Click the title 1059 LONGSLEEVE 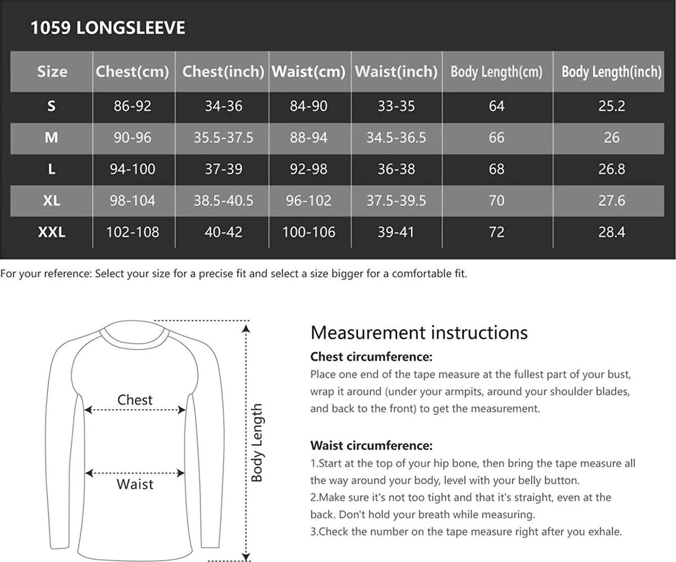[x=108, y=28]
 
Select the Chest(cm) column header [x=132, y=72]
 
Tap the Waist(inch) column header [x=396, y=72]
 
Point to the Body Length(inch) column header [x=611, y=72]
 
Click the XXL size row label [x=51, y=232]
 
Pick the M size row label [x=51, y=138]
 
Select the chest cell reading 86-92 [x=132, y=106]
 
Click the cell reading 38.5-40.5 [x=223, y=201]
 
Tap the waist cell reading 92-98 [x=309, y=169]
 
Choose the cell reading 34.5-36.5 [x=396, y=138]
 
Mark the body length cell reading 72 [x=497, y=232]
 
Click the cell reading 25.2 [x=611, y=106]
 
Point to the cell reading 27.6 [x=611, y=201]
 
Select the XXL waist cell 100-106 [x=309, y=232]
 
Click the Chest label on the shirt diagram [x=135, y=400]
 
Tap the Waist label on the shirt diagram [x=135, y=484]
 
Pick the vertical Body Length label [x=257, y=442]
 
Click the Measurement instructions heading [x=419, y=333]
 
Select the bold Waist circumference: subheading [x=371, y=446]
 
